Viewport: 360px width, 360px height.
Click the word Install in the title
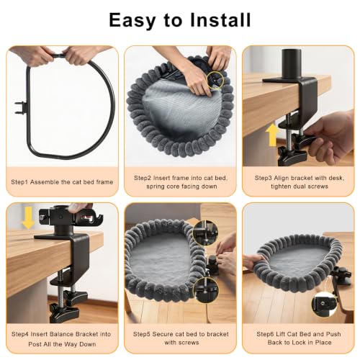coord(220,20)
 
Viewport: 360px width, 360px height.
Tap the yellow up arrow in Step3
coord(273,135)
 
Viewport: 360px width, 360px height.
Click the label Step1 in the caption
coord(19,182)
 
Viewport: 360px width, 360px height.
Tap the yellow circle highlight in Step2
coord(215,81)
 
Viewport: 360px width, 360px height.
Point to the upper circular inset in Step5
coord(205,233)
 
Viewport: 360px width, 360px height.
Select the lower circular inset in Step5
coord(206,290)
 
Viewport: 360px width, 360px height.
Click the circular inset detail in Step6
coord(324,304)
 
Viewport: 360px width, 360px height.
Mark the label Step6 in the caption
coord(266,334)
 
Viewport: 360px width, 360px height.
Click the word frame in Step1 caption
coord(104,182)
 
